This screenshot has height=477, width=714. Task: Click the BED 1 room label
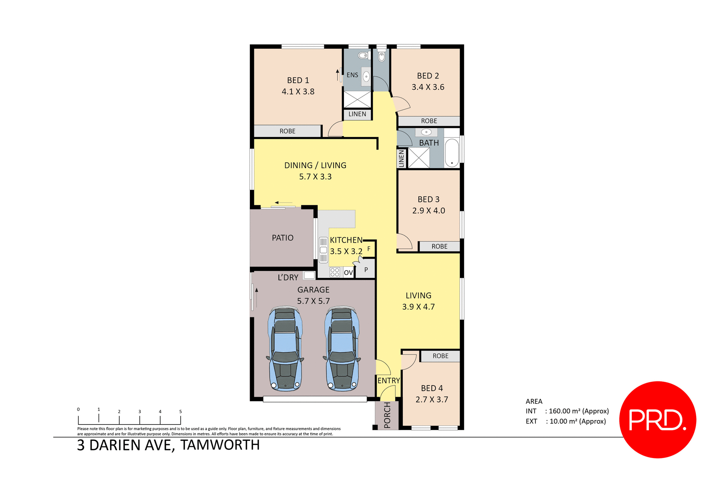[x=298, y=80]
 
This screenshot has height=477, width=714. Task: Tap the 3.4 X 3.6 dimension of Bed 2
[x=428, y=87]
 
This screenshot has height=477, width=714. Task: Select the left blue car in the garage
[x=285, y=349]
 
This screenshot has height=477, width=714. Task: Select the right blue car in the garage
[x=342, y=349]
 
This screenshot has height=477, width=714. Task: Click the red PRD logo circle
[x=657, y=419]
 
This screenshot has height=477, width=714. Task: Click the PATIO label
[x=283, y=238]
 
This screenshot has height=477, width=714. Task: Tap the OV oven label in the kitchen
[x=348, y=273]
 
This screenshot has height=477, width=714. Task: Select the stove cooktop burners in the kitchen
[x=335, y=272]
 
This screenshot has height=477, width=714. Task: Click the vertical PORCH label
[x=387, y=415]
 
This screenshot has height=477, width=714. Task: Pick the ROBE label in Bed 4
[x=440, y=356]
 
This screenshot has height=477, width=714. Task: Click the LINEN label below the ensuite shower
[x=357, y=114]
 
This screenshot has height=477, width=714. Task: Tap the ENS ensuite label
[x=352, y=75]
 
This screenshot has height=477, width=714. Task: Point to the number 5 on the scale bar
[x=180, y=412]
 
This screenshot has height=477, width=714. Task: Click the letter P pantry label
[x=366, y=270]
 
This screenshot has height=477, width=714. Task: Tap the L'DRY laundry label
[x=288, y=278]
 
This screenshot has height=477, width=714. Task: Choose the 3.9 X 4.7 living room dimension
[x=418, y=307]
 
